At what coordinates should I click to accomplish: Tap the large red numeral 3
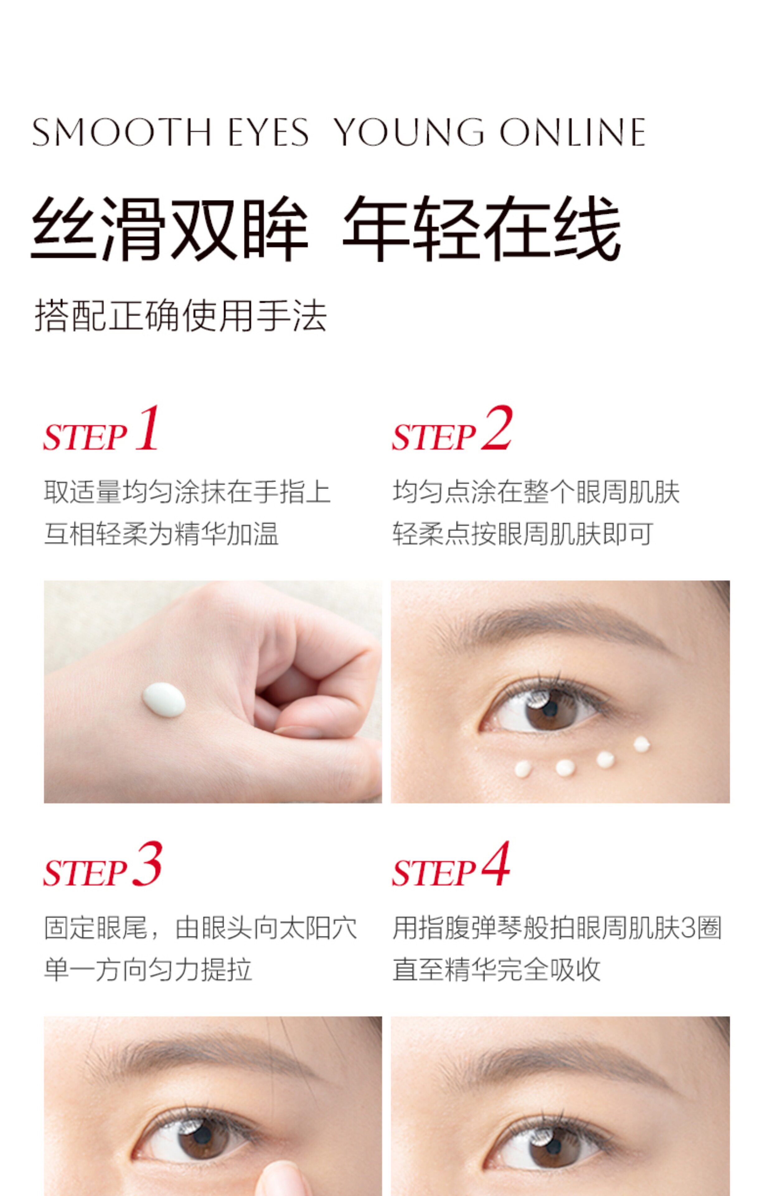click(147, 864)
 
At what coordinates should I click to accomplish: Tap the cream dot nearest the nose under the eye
click(523, 769)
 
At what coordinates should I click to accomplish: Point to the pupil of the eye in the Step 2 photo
click(550, 708)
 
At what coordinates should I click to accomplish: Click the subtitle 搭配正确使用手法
click(181, 316)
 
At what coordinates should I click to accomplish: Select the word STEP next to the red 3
click(85, 873)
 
